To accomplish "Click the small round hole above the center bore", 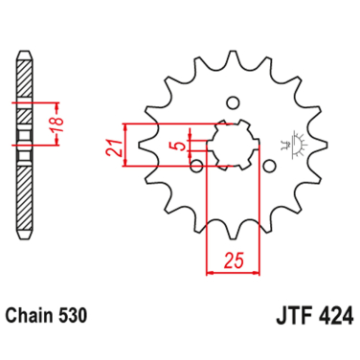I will pos(232,101).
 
